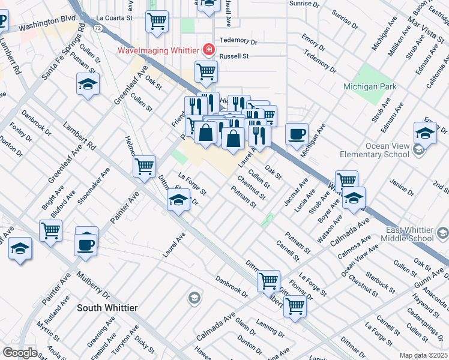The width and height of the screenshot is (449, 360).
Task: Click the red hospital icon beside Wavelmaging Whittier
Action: point(209,49)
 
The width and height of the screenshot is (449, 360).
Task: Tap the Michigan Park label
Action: point(370,87)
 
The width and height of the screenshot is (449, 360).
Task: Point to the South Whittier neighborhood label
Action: point(107,308)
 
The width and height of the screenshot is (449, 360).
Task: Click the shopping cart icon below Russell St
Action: point(206,72)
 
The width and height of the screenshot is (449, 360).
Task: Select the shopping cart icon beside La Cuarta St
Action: point(157,22)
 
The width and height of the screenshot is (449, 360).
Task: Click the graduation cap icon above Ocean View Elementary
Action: point(425,133)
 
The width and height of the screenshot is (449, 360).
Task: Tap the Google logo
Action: point(20,353)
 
